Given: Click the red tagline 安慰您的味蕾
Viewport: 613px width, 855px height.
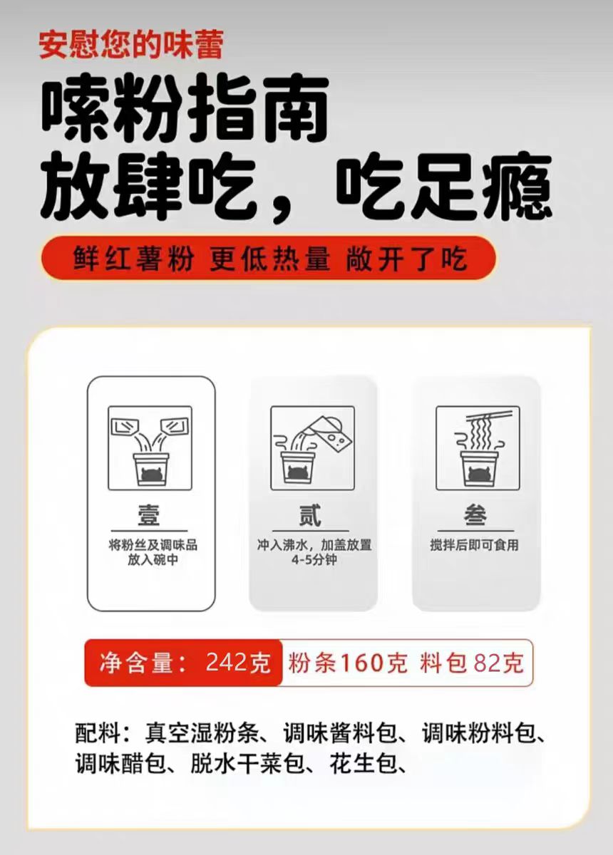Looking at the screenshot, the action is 131,46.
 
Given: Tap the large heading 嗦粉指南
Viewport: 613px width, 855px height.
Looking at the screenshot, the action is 185,108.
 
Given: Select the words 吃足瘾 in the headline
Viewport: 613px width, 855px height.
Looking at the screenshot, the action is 444,186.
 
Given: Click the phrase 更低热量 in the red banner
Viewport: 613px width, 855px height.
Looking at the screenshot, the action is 269,259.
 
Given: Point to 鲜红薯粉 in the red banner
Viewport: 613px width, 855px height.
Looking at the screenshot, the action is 134,259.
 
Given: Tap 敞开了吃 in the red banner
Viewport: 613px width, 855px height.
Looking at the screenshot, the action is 406,259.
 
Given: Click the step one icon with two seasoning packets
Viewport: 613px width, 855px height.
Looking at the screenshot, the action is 150,448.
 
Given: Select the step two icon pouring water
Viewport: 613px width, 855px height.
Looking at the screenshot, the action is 312,448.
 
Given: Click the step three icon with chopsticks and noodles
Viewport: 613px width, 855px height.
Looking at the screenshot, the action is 478,448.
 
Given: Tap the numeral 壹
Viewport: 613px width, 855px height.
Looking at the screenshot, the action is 149,515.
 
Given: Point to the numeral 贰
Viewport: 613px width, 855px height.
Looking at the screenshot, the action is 310,515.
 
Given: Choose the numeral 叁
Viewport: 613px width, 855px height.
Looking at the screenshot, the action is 475,515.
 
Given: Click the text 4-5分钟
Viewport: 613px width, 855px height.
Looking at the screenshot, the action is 314,560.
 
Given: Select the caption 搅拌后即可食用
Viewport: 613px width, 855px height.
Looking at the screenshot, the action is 474,544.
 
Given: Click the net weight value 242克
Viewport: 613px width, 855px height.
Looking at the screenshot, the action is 238,662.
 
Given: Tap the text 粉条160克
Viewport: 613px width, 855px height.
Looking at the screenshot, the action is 348,662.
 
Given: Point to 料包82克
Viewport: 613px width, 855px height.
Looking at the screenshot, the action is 471,662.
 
